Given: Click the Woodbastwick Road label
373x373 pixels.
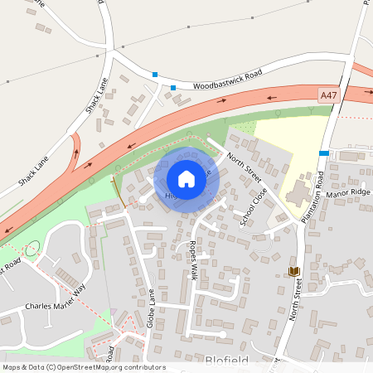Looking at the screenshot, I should pyautogui.click(x=227, y=80).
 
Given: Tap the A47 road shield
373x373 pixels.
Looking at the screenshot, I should pyautogui.click(x=329, y=96).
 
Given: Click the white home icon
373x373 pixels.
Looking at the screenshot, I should pyautogui.click(x=186, y=178).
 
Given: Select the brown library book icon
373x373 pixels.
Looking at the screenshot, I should pyautogui.click(x=293, y=271).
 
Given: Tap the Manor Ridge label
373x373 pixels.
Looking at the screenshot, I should pyautogui.click(x=349, y=196).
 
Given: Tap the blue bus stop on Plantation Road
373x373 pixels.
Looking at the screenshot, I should pyautogui.click(x=324, y=153).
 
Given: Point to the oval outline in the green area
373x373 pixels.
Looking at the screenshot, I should pyautogui.click(x=32, y=247).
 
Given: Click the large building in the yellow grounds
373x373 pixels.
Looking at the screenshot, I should pyautogui.click(x=297, y=196).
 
